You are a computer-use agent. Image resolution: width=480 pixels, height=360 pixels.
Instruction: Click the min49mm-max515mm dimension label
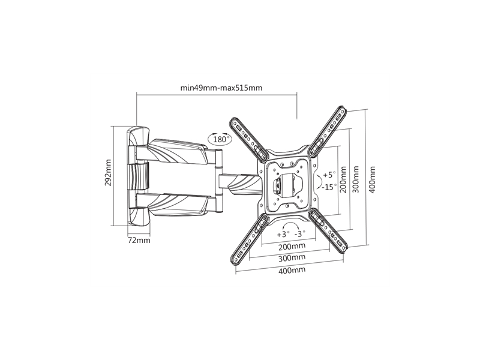pos(221,88)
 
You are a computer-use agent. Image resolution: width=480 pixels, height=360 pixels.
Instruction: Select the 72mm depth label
pos(139,241)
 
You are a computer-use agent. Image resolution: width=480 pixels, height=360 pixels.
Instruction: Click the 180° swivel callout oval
pos(220,139)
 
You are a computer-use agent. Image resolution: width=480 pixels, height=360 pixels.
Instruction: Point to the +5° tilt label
pos(329,175)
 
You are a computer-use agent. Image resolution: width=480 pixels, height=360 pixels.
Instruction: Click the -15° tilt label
pos(329,187)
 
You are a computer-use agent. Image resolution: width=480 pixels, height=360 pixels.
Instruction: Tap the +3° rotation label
pos(283,235)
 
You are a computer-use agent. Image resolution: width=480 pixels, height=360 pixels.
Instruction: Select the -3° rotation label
pos(299,234)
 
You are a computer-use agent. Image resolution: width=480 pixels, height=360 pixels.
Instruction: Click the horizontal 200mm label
pos(292,246)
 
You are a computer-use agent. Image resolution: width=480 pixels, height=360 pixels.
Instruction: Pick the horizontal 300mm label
pos(292,258)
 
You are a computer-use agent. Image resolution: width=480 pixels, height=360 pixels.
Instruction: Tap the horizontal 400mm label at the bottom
pos(292,271)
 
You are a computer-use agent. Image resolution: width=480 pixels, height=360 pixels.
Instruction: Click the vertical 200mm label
pos(343,179)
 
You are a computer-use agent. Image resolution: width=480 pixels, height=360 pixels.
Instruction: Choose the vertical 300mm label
pos(356,179)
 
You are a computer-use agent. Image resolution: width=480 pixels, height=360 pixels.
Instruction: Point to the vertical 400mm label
pos(371,179)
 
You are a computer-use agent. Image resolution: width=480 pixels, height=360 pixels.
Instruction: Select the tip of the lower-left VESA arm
pos(233,262)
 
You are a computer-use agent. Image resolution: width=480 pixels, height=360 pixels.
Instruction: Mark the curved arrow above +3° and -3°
pos(291,223)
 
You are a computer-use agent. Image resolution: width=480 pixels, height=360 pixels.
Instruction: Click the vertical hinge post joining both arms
pos(218,181)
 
